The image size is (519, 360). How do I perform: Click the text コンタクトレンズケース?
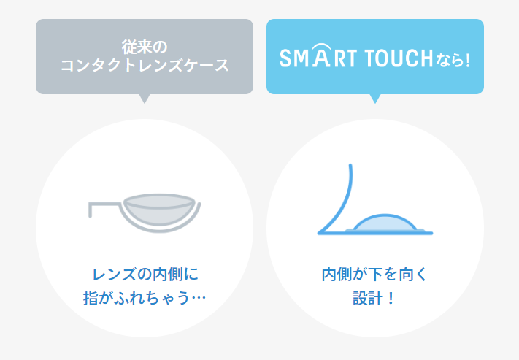point(145,66)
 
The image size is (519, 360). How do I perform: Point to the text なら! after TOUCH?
point(453,58)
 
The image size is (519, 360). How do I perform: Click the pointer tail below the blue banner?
point(375,99)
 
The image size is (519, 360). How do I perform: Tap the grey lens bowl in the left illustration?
point(162,211)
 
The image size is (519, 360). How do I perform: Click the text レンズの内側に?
point(145,275)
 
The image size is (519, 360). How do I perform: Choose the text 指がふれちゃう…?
point(145,299)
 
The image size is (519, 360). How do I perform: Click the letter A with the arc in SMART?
point(320,57)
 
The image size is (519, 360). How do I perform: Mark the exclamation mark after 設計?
point(392,299)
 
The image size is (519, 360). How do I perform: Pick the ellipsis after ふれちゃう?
point(199,299)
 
